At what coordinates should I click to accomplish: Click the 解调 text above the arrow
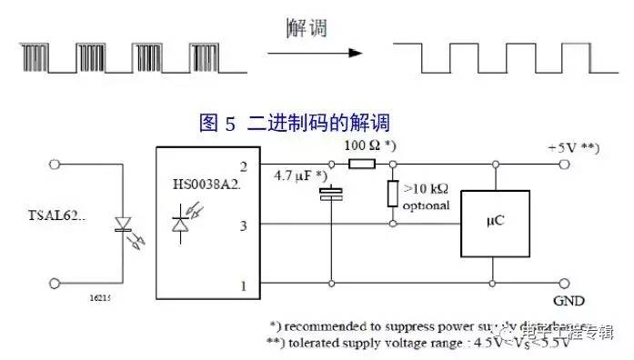(x=305, y=28)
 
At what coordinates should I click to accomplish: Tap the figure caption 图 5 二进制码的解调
(x=293, y=121)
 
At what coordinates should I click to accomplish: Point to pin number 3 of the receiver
(x=244, y=223)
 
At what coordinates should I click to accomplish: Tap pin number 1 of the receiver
(x=244, y=286)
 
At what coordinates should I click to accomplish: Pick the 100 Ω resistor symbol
(x=362, y=165)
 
